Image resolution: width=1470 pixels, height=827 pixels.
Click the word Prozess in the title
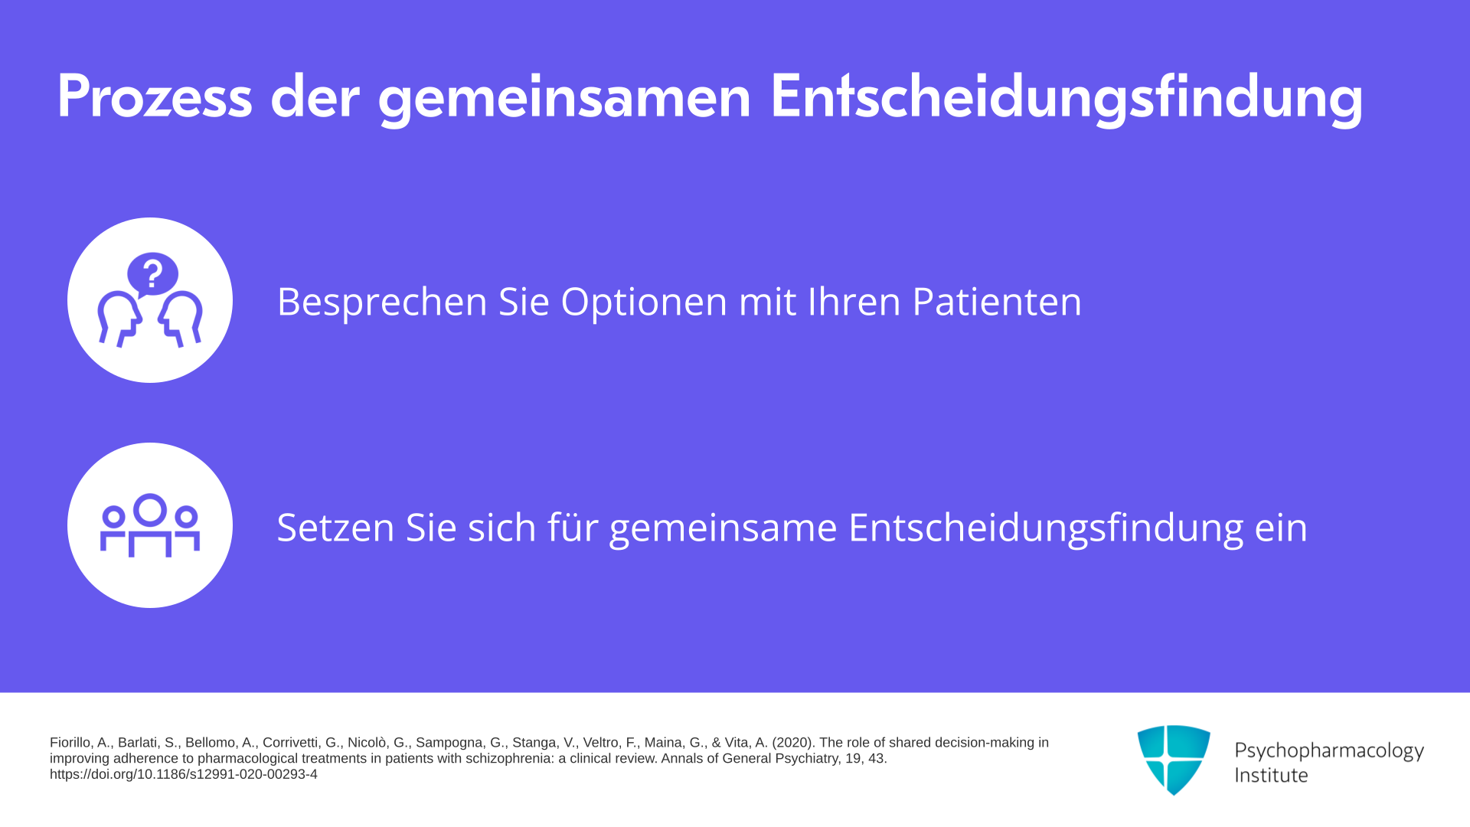[x=155, y=97]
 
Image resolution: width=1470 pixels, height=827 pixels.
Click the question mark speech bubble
[x=152, y=273]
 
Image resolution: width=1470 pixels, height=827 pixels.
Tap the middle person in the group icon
[x=150, y=524]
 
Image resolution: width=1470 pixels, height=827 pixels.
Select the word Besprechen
[x=382, y=302]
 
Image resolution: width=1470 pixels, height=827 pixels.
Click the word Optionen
[x=644, y=302]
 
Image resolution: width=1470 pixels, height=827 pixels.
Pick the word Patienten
[x=997, y=301]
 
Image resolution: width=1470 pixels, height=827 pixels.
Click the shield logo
[x=1174, y=760]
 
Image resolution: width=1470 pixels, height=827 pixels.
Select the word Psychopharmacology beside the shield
[x=1329, y=751]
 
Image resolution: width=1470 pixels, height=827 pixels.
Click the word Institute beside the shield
[x=1271, y=775]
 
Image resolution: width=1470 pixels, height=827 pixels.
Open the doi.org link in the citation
[x=184, y=774]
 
